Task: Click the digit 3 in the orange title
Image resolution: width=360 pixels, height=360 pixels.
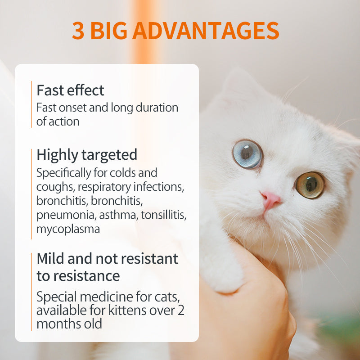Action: click(77, 31)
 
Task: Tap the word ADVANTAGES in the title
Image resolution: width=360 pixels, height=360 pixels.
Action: click(206, 31)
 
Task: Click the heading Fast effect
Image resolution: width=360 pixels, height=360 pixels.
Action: click(70, 90)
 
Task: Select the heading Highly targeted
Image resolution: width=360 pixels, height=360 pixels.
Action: click(87, 155)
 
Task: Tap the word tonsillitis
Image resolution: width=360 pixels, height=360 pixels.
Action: click(163, 215)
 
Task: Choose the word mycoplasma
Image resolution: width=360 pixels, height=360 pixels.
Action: click(68, 229)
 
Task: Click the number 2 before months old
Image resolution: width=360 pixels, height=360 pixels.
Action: click(180, 310)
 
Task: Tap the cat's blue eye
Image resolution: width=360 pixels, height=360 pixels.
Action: click(247, 154)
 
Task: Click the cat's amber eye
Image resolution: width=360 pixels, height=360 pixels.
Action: click(310, 184)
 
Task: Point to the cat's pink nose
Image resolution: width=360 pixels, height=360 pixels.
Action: click(271, 198)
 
